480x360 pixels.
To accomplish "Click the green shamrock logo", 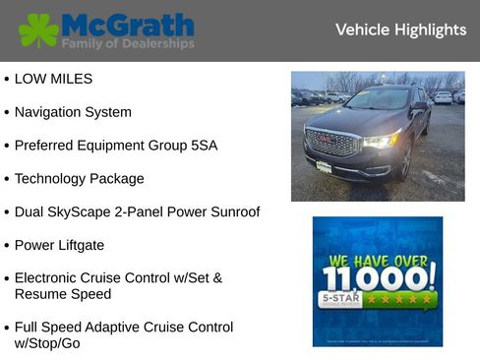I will pos(38,30).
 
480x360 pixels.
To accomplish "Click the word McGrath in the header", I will pos(127,25).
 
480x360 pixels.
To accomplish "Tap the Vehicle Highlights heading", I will pos(400,30).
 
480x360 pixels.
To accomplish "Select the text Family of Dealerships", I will pos(127,44).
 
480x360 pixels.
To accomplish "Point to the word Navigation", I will pos(50,112).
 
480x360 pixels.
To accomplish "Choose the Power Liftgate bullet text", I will pos(59,245).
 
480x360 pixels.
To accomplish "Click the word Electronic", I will pos(50,278).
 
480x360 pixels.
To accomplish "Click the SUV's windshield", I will pos(378,98).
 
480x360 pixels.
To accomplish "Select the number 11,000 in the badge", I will pos(378,276).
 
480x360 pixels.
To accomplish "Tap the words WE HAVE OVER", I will pos(378,261).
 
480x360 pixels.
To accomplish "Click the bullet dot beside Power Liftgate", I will pos(6,245).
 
